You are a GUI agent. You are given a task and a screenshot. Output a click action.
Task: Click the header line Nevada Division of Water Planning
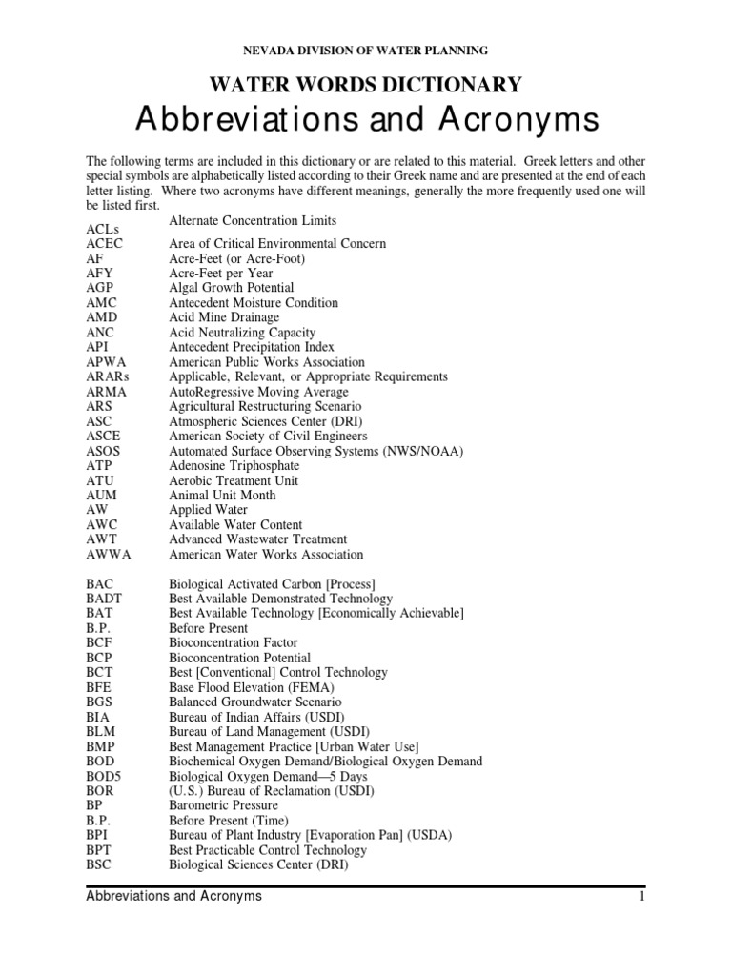click(x=367, y=50)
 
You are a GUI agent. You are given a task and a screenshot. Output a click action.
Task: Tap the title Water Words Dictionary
click(x=367, y=85)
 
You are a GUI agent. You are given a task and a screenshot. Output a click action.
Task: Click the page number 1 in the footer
click(x=643, y=897)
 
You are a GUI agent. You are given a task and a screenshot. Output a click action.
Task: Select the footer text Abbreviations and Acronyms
click(x=173, y=897)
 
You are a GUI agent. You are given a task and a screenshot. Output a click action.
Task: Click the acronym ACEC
click(x=104, y=244)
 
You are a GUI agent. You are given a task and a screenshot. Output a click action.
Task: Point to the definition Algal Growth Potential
click(x=232, y=288)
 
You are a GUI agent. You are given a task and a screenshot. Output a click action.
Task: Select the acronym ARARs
click(x=108, y=376)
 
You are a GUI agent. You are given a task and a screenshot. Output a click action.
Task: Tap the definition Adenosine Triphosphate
click(x=234, y=465)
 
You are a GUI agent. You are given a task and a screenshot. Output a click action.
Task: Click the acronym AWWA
click(x=107, y=554)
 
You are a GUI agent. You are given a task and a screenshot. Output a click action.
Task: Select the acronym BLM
click(x=100, y=732)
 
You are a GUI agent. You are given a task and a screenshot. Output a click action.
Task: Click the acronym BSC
click(x=99, y=864)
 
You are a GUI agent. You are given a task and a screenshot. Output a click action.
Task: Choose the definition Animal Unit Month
click(x=222, y=495)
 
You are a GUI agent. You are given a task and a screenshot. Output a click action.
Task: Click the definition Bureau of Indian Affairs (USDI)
click(x=256, y=717)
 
